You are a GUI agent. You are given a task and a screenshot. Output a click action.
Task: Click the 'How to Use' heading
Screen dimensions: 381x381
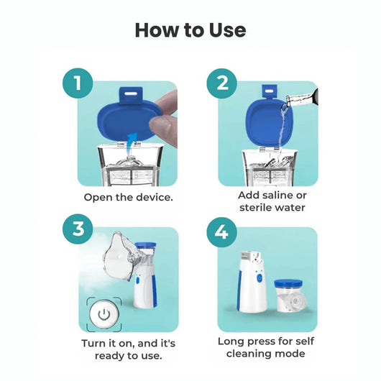190,29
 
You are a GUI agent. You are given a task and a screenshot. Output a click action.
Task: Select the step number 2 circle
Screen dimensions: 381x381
222,83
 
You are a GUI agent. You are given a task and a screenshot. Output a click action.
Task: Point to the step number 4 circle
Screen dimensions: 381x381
222,231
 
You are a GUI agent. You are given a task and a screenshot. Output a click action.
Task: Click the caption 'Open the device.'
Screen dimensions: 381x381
128,197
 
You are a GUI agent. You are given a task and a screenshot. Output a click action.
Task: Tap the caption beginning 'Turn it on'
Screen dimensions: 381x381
128,349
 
